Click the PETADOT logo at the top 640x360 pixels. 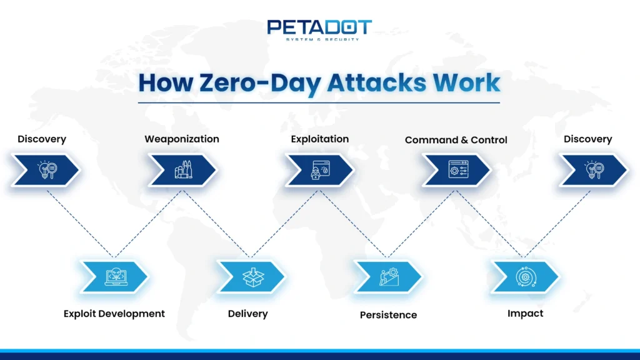319,27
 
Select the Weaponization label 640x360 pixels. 182,139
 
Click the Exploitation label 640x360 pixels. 319,139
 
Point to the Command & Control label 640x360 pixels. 456,140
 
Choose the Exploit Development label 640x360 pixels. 114,314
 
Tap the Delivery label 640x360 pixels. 247,314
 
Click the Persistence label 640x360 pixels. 388,315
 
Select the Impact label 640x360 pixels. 525,314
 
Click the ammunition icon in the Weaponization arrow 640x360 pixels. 182,169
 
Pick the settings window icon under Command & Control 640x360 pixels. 457,169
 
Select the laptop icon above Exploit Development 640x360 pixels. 115,276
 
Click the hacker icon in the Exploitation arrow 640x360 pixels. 319,170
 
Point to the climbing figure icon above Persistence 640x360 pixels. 388,276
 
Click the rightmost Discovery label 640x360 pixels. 587,139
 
